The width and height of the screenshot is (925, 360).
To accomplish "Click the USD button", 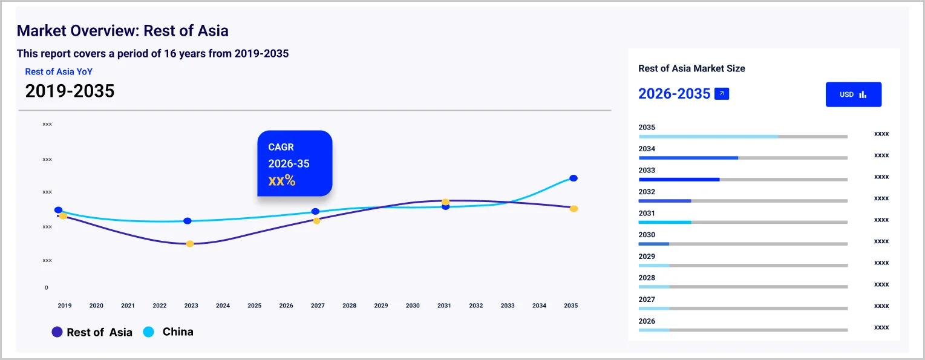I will click(x=853, y=94).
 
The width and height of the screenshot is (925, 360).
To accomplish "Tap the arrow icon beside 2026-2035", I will click(x=721, y=94).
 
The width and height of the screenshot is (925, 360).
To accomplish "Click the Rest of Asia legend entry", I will click(x=92, y=332).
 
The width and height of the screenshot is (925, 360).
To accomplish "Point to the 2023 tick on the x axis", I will click(x=191, y=306).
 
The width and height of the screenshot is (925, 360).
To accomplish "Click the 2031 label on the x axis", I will click(x=444, y=306).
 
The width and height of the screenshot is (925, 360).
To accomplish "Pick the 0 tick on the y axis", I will click(x=46, y=287).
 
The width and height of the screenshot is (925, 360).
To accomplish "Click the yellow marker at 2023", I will click(x=190, y=244).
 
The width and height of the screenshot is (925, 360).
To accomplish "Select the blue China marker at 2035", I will click(x=574, y=178).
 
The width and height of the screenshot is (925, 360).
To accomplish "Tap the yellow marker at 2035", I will click(x=574, y=209).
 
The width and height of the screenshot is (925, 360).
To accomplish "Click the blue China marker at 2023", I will click(x=188, y=221).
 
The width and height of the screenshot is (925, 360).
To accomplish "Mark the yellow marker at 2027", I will click(x=316, y=221).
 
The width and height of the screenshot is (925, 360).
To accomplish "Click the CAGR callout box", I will click(x=295, y=163).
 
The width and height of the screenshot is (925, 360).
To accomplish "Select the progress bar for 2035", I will click(x=742, y=137).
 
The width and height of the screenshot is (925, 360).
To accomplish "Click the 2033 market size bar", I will click(x=742, y=180).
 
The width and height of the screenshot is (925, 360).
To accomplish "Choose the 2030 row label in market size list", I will click(x=647, y=235).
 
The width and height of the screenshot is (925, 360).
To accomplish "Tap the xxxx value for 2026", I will click(x=881, y=327).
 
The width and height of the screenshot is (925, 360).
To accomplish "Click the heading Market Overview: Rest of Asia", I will click(x=122, y=30).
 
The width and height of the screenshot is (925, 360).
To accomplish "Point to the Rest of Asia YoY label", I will click(x=59, y=71).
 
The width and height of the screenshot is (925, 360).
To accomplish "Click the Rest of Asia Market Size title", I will click(x=691, y=68).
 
